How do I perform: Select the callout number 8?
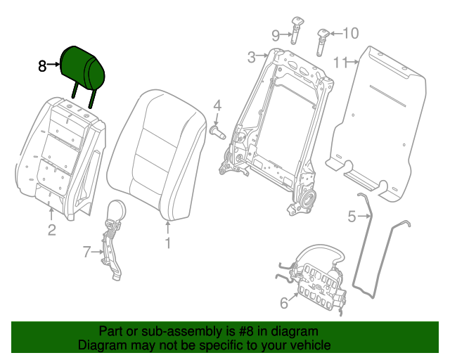pyautogui.click(x=42, y=66)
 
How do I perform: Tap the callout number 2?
pyautogui.click(x=51, y=230)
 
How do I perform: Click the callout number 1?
pyautogui.click(x=167, y=243)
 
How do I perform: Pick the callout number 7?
pyautogui.click(x=87, y=250)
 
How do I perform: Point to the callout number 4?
pyautogui.click(x=217, y=106)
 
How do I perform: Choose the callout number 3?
pyautogui.click(x=251, y=57)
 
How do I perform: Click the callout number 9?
pyautogui.click(x=276, y=34)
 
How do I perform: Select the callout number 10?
pyautogui.click(x=349, y=33)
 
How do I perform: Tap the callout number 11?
pyautogui.click(x=341, y=63)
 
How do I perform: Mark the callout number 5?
pyautogui.click(x=352, y=217)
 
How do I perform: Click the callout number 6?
pyautogui.click(x=284, y=304)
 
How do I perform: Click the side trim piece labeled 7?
pyautogui.click(x=112, y=239)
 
